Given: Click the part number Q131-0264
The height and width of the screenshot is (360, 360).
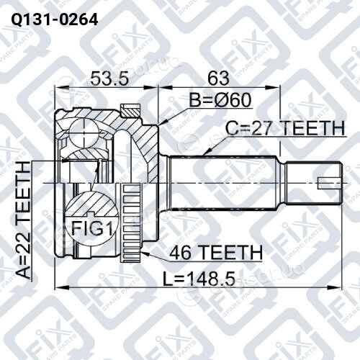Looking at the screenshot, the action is click(55, 19).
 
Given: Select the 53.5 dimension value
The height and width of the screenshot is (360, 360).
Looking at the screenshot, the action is click(110, 78).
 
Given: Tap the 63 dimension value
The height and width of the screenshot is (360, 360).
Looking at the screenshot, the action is click(218, 78).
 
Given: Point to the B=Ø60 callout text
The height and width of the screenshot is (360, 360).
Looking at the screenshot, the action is click(220, 100).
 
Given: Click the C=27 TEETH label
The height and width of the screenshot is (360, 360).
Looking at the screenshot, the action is click(285, 128).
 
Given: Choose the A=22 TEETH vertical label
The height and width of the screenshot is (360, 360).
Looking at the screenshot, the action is click(24, 220).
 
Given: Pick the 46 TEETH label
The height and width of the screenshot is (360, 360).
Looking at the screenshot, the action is click(215, 252).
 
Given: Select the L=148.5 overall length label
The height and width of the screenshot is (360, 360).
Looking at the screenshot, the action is click(199, 279).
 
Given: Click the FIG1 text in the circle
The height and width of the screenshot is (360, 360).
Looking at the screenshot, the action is click(92, 228).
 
